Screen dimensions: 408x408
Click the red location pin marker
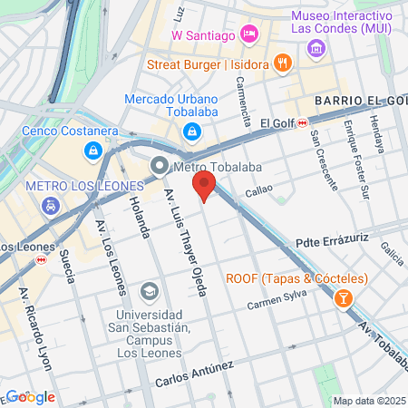[204, 188]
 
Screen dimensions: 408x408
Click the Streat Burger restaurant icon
[284, 63]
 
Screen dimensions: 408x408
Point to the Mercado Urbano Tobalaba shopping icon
[191, 133]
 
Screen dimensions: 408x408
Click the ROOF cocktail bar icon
[344, 297]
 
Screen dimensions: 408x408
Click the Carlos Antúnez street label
[193, 373]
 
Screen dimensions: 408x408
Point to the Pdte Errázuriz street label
[335, 243]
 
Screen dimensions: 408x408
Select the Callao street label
[258, 192]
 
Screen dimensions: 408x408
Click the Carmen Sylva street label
[278, 299]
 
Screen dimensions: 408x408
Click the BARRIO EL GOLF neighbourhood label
[361, 100]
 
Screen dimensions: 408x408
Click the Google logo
[29, 396]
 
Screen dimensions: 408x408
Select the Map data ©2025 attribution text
[369, 401]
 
